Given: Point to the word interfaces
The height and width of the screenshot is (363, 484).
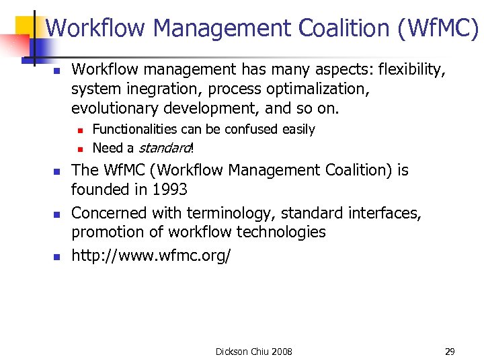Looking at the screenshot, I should (x=385, y=213).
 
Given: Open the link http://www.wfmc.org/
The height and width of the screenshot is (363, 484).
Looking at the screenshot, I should (x=151, y=256).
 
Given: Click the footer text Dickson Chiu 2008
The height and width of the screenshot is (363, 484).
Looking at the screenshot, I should (x=253, y=352).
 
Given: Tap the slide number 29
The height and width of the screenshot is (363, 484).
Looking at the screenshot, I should (x=450, y=352).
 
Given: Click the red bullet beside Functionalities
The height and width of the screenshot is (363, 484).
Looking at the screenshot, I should (x=79, y=130).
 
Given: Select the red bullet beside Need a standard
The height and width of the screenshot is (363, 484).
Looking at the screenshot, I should (x=79, y=149).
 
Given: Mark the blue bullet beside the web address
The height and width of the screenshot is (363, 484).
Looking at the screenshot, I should (x=57, y=257).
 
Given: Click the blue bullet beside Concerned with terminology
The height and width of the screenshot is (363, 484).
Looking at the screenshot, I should (x=57, y=214).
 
